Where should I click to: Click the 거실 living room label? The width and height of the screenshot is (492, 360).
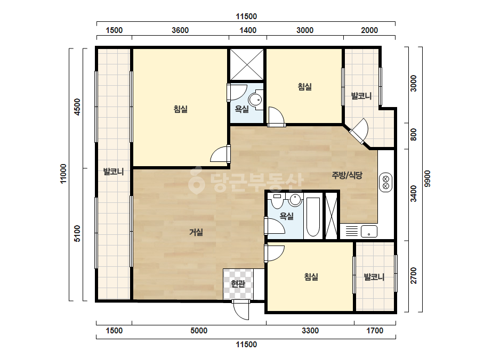click(x=196, y=232)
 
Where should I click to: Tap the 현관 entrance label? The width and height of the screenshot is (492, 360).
click(x=238, y=284)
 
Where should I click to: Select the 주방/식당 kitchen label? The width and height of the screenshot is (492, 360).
click(x=347, y=175)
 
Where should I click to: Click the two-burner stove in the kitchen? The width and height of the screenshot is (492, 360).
click(x=386, y=182)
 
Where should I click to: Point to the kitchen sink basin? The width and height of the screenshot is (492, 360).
click(x=369, y=232)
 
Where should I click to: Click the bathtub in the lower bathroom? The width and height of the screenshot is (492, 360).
click(x=313, y=217)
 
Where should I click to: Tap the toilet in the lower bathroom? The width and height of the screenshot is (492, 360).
click(x=277, y=201)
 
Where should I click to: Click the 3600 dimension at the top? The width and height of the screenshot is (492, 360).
click(x=180, y=30)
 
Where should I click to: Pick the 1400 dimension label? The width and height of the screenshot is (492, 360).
click(x=248, y=30)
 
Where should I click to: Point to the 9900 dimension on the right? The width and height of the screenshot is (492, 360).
click(x=428, y=179)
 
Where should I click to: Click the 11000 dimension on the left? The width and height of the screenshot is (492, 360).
click(x=63, y=174)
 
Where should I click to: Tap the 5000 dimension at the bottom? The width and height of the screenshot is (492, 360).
click(x=199, y=331)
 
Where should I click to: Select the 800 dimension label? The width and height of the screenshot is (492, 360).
click(x=414, y=135)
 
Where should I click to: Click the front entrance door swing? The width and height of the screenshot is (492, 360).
click(x=241, y=310)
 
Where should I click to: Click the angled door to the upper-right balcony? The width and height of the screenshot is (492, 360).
click(x=360, y=131)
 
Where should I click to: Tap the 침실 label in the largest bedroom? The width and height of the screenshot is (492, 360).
click(x=181, y=109)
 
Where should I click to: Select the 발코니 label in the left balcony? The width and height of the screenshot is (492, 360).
click(x=114, y=171)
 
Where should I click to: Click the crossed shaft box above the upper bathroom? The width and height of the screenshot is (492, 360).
click(x=247, y=64)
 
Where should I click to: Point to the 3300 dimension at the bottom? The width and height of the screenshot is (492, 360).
click(x=310, y=331)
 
